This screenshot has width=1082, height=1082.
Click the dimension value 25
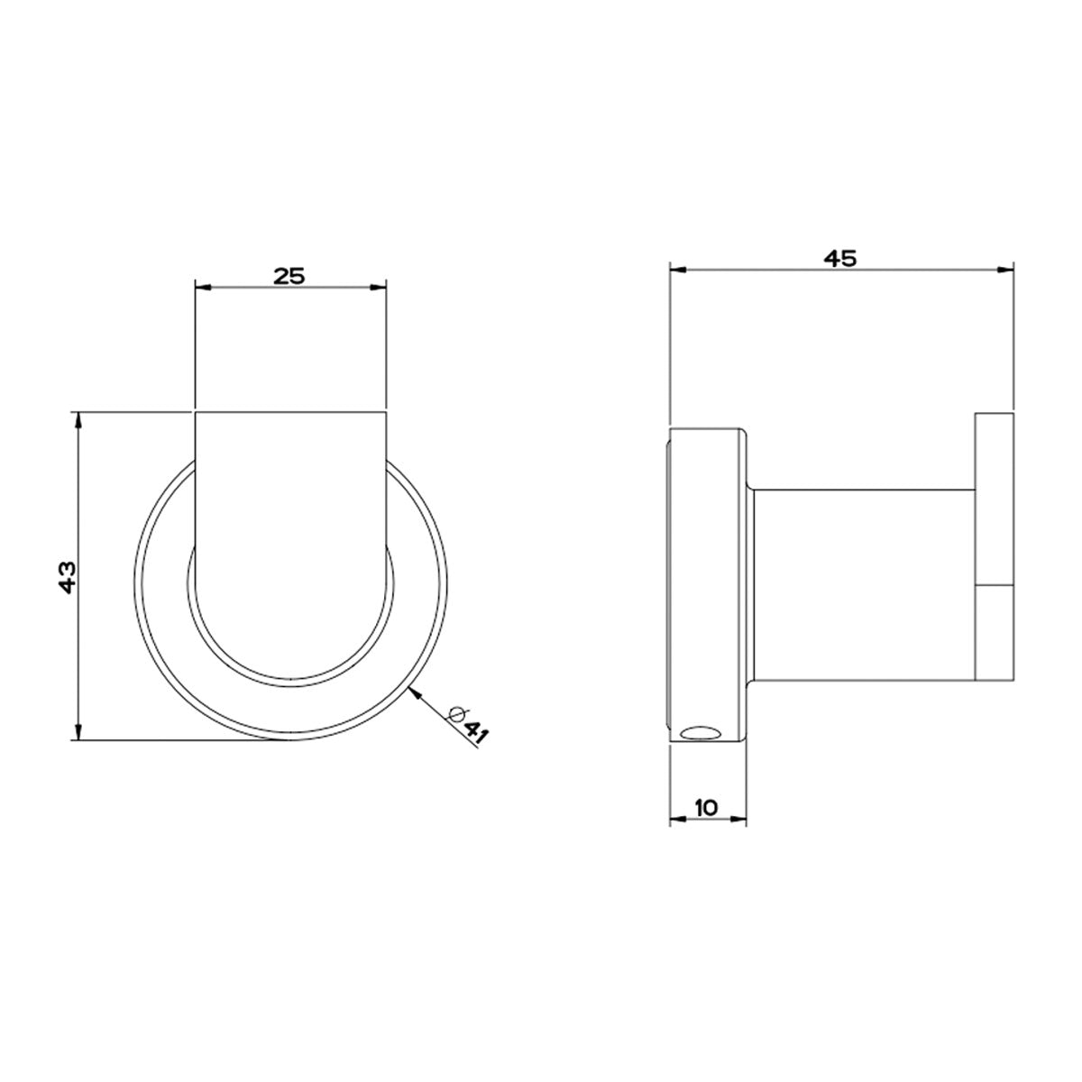[x=290, y=275]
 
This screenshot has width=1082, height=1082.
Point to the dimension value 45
[x=840, y=258]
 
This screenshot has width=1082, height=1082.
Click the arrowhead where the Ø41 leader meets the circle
[x=413, y=690]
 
